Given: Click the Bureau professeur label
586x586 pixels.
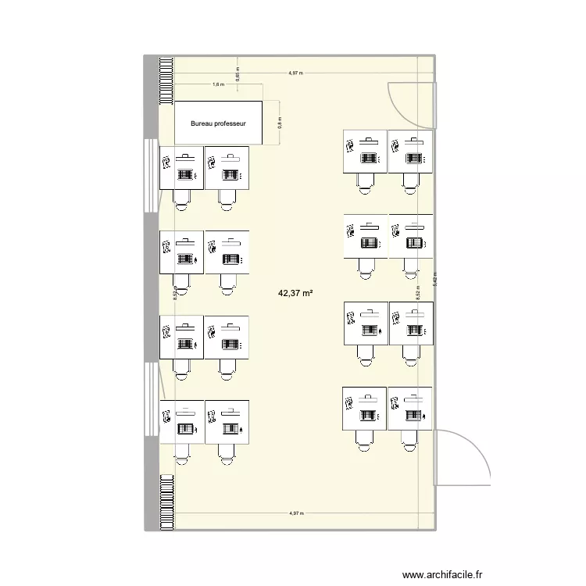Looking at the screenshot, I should (x=219, y=123).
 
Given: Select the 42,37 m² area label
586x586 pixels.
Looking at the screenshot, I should (x=295, y=294).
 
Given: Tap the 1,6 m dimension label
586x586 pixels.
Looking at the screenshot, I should (x=217, y=84).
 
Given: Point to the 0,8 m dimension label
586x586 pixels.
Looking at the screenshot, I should (x=279, y=122).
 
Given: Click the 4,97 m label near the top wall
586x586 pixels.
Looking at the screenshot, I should (x=295, y=73).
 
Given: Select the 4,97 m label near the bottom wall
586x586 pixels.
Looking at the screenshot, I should (x=295, y=513).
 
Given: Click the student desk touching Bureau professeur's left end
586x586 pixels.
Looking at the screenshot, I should (x=181, y=167).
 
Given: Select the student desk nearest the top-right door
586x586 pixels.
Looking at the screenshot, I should (x=410, y=151).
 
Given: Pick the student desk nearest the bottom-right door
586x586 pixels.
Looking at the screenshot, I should (x=410, y=408).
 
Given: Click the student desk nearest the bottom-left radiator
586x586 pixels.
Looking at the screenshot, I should (x=181, y=422).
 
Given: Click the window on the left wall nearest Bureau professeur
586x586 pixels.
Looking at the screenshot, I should (x=149, y=176).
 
